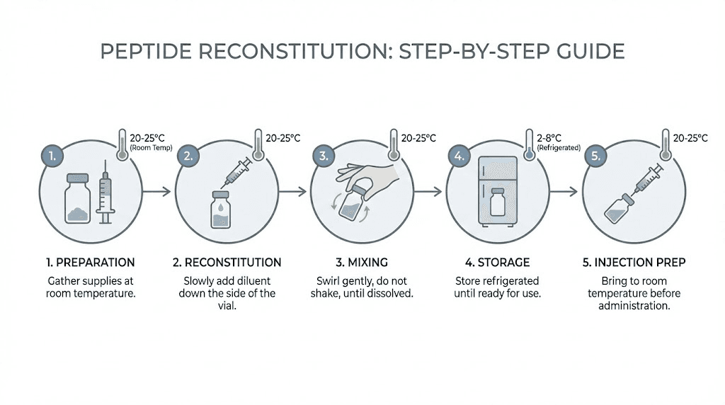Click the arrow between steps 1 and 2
click(158, 191)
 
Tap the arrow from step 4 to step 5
click(566, 191)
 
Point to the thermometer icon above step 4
click(527, 145)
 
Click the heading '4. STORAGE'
click(498, 263)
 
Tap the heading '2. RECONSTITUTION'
click(227, 263)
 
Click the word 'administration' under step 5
click(634, 306)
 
